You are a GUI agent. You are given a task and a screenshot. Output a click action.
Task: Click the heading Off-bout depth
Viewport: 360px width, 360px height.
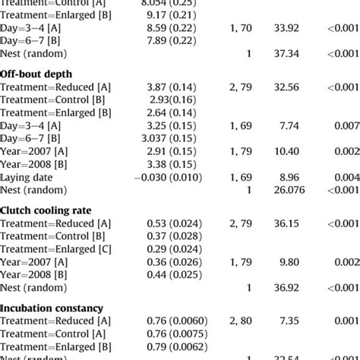click(x=36, y=73)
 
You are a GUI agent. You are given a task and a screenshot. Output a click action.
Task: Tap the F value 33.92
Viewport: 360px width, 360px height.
click(x=288, y=28)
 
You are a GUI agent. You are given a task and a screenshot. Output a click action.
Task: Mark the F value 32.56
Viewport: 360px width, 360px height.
click(x=288, y=87)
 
